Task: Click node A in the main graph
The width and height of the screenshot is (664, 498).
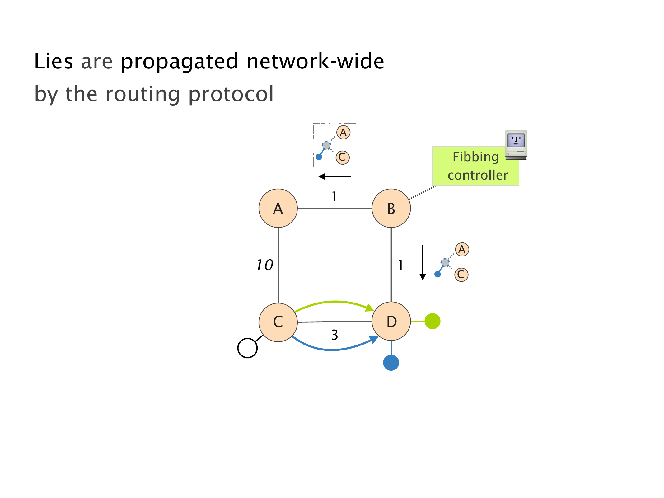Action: [x=278, y=208]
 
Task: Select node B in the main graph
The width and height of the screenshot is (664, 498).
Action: [x=391, y=208]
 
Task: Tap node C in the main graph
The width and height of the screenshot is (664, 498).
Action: [x=278, y=322]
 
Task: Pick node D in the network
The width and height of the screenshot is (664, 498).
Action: [x=391, y=321]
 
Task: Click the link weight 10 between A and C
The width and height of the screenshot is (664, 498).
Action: [x=265, y=265]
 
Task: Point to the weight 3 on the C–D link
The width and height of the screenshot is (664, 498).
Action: [x=334, y=335]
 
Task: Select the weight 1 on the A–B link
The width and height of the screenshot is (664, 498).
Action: [x=334, y=197]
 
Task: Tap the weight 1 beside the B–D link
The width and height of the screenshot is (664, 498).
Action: [x=400, y=265]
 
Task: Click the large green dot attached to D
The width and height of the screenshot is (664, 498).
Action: [x=433, y=321]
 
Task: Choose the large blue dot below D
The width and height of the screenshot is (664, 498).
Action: [x=391, y=363]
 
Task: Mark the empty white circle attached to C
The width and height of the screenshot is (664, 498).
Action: [x=247, y=348]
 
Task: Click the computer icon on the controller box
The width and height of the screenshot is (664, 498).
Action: [x=516, y=145]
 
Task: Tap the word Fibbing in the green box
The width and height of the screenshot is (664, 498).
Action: [x=475, y=157]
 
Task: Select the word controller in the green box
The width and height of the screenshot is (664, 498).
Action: [x=478, y=175]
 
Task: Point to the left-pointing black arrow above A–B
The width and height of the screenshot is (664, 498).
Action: [x=335, y=176]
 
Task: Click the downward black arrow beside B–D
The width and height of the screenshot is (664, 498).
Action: [x=423, y=263]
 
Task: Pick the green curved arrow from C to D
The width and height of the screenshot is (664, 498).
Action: [x=334, y=302]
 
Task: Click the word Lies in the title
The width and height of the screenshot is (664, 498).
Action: [x=54, y=61]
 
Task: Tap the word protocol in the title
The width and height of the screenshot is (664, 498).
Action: [x=231, y=94]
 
